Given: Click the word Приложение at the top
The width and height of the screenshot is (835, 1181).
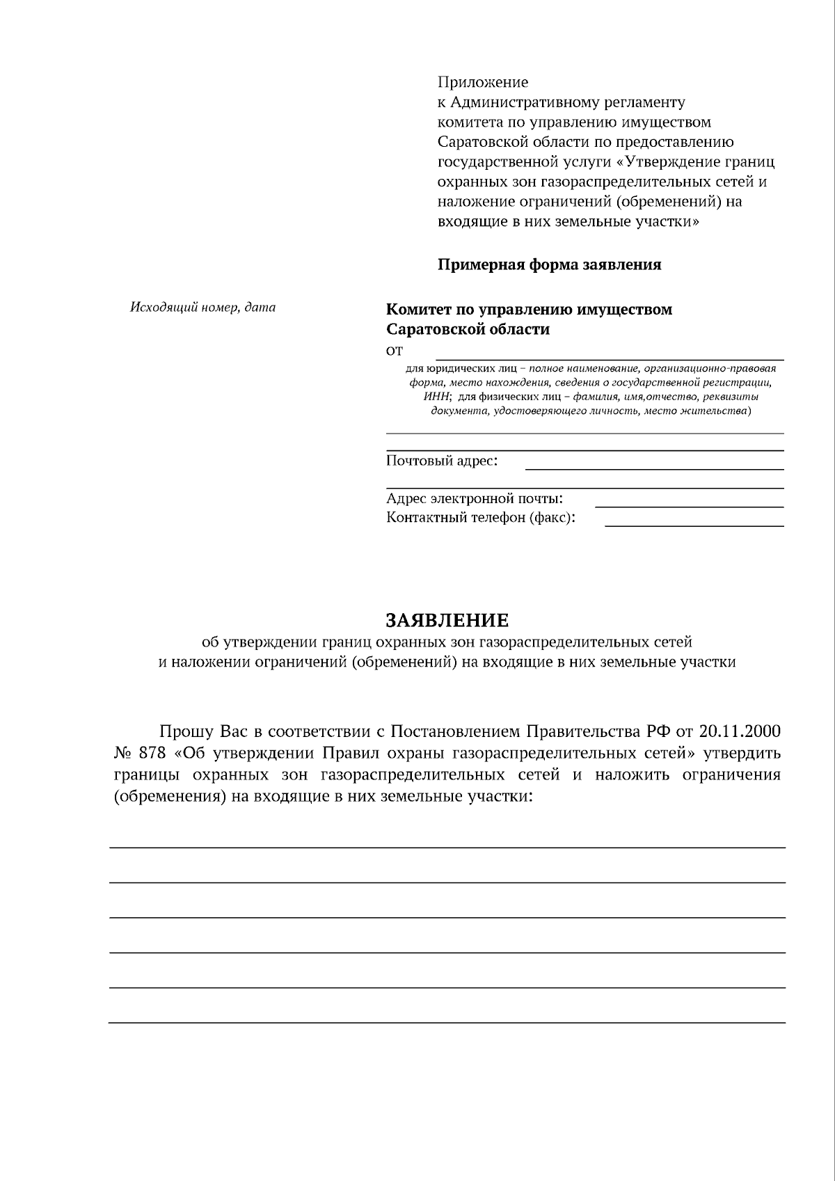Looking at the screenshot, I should pyautogui.click(x=482, y=82).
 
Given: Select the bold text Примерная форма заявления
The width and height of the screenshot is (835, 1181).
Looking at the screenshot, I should pyautogui.click(x=549, y=264).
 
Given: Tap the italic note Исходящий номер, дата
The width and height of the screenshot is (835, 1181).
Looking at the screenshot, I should pyautogui.click(x=202, y=307).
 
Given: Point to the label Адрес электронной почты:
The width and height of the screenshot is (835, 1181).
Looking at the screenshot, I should pyautogui.click(x=475, y=498).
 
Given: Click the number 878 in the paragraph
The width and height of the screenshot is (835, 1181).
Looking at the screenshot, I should pyautogui.click(x=152, y=753).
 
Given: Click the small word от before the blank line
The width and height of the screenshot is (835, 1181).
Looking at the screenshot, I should pyautogui.click(x=395, y=350).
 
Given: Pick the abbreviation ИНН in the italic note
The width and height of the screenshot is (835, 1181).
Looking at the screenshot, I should pyautogui.click(x=437, y=397).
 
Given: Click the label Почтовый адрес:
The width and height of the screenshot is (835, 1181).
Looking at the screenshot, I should pyautogui.click(x=442, y=461).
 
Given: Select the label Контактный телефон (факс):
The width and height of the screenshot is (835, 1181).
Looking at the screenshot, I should pyautogui.click(x=481, y=518).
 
